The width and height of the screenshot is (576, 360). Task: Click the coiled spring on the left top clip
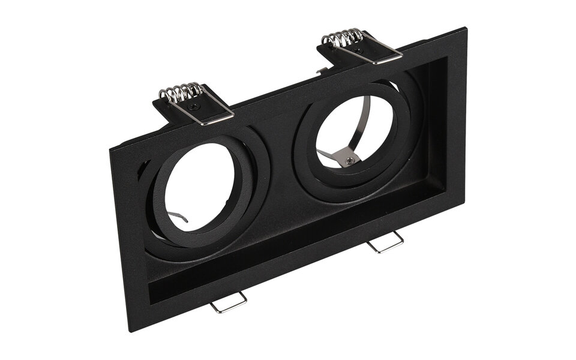click(x=181, y=91)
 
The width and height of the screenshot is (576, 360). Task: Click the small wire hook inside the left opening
click(x=176, y=216)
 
